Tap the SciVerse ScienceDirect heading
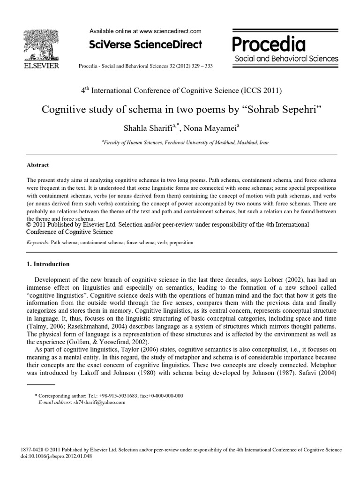tap(145, 45)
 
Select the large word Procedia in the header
tap(269, 45)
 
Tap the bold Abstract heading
tap(37, 165)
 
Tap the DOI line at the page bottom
tap(56, 456)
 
